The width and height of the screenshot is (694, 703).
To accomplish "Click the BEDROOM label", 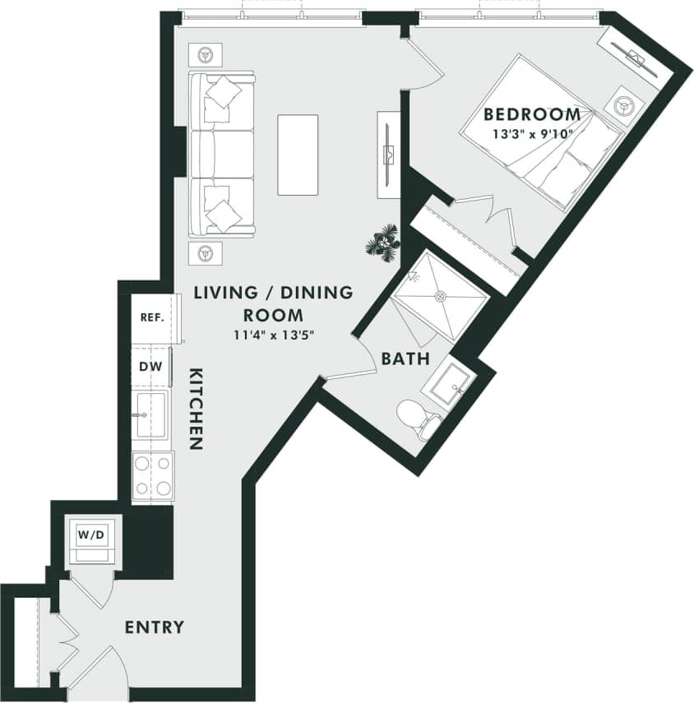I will point(532,114).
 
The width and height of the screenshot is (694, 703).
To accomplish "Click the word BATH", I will point(405,358).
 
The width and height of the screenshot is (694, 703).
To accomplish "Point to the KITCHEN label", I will point(196,409).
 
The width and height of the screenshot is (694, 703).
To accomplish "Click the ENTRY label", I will point(154,627).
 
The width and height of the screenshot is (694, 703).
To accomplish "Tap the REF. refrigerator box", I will point(153,317).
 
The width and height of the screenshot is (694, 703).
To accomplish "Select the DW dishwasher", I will point(149,367).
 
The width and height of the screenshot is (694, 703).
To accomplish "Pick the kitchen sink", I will point(150,415).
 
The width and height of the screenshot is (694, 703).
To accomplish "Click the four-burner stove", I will point(152,476).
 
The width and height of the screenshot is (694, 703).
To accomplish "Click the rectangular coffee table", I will point(298,155).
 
